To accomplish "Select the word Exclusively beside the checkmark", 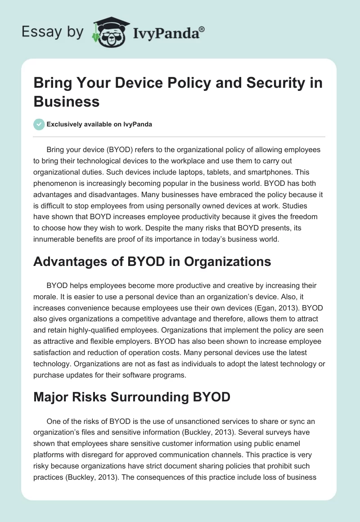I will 65,124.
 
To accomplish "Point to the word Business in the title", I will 67,102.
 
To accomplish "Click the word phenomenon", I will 58,183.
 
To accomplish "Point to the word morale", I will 45,297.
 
